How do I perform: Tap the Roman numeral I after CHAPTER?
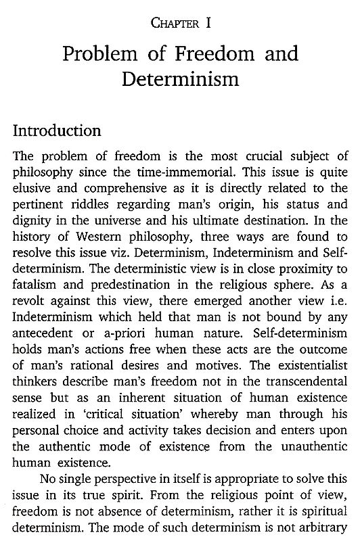pos(212,24)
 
